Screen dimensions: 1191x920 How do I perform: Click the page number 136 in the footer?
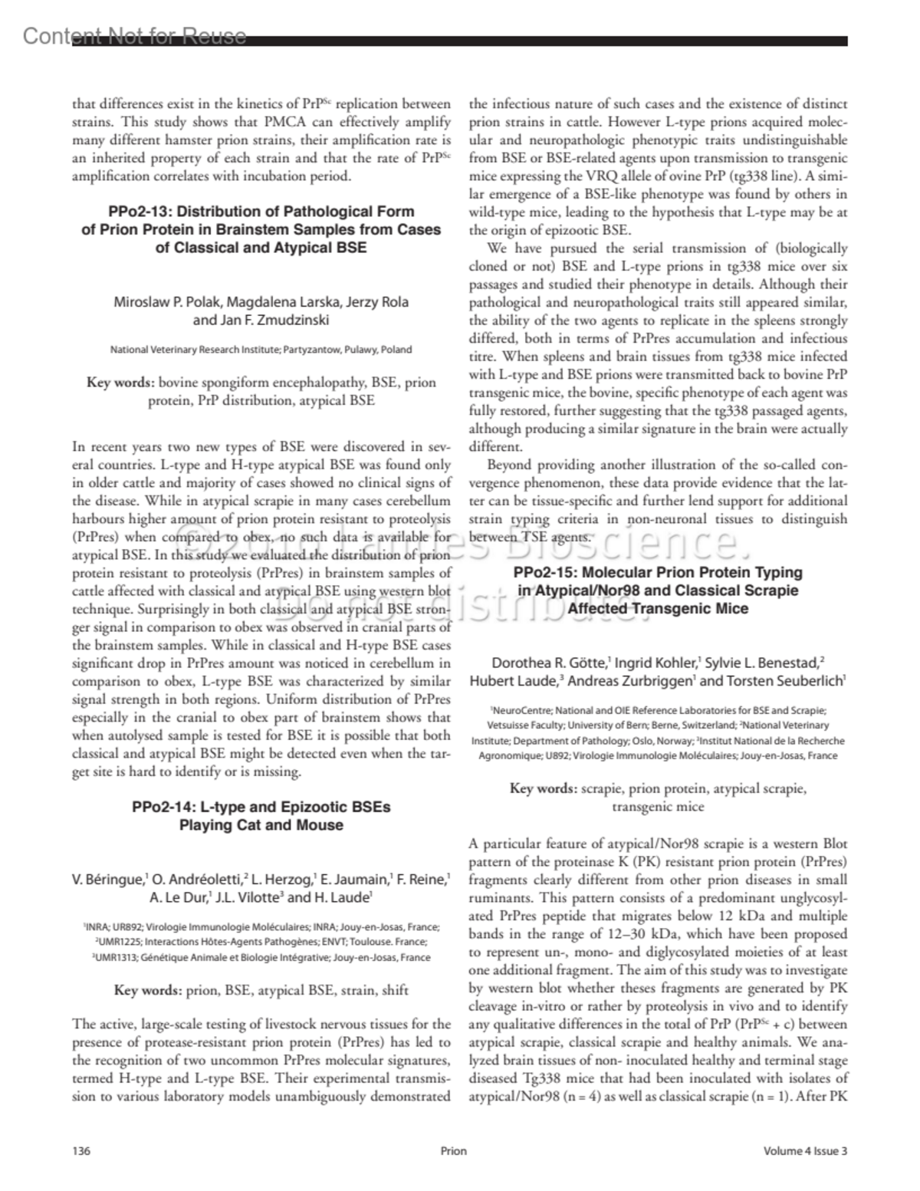point(81,1150)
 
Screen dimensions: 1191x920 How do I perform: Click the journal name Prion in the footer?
point(454,1150)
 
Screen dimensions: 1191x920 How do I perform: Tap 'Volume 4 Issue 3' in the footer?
point(805,1150)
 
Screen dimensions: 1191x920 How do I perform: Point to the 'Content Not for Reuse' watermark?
point(135,36)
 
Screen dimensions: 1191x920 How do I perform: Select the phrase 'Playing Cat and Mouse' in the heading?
point(261,825)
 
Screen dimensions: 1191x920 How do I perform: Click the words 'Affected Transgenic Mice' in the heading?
point(658,609)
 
